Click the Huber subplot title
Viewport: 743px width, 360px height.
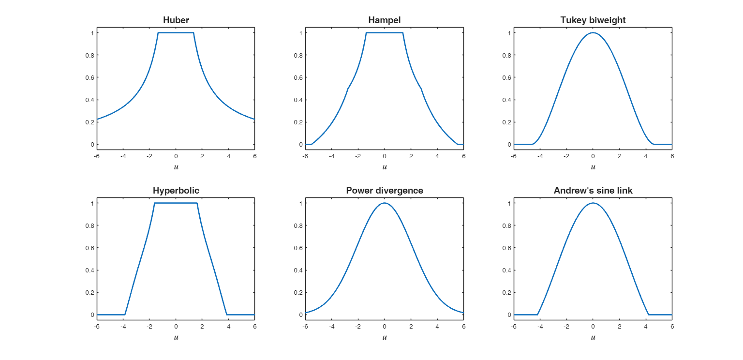coord(176,20)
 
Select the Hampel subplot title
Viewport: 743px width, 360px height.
coord(385,20)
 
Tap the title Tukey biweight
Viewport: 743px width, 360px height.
coord(593,20)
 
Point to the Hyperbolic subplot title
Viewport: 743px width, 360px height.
coord(176,191)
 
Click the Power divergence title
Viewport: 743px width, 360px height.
coord(385,191)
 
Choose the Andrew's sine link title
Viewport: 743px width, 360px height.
coord(593,191)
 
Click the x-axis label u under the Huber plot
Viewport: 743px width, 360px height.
coord(176,167)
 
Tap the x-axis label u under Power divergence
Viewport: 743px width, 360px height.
coord(385,337)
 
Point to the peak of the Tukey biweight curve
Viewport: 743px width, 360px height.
coord(593,33)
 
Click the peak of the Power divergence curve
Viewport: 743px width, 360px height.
coord(385,203)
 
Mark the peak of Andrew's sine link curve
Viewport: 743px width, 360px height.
coord(593,203)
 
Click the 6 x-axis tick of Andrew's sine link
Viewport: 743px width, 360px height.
coord(672,327)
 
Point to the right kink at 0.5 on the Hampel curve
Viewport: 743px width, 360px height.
coord(421,89)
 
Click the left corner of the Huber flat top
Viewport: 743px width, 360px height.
coord(158,33)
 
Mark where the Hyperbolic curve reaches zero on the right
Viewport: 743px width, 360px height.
coord(227,315)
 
